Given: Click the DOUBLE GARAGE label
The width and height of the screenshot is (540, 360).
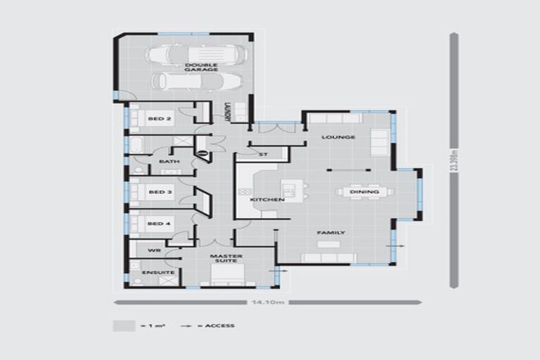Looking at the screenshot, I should pyautogui.click(x=201, y=67).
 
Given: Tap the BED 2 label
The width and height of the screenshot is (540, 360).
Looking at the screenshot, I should pyautogui.click(x=160, y=119).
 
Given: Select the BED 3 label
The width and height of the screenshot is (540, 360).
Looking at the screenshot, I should pyautogui.click(x=160, y=192).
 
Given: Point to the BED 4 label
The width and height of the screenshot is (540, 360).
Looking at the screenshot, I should pyautogui.click(x=160, y=224).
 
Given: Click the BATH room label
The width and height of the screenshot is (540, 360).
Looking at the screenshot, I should pyautogui.click(x=169, y=162).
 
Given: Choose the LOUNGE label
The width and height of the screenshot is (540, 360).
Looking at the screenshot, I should pyautogui.click(x=338, y=137).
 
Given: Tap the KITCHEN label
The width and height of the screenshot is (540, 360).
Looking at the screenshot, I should pyautogui.click(x=267, y=200).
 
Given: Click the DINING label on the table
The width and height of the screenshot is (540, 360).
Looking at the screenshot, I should pyautogui.click(x=364, y=192).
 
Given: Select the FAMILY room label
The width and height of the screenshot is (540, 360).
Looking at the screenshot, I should pyautogui.click(x=330, y=232).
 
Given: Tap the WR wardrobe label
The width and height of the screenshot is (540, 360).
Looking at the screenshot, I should pyautogui.click(x=155, y=250).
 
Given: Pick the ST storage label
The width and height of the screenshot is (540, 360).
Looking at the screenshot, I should pyautogui.click(x=264, y=154).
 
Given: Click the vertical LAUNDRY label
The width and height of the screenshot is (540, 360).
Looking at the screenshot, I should pyautogui.click(x=226, y=112).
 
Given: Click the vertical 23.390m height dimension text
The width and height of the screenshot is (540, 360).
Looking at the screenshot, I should pyautogui.click(x=455, y=163).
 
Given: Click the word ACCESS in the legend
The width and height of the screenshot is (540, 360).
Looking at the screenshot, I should pyautogui.click(x=221, y=326).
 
